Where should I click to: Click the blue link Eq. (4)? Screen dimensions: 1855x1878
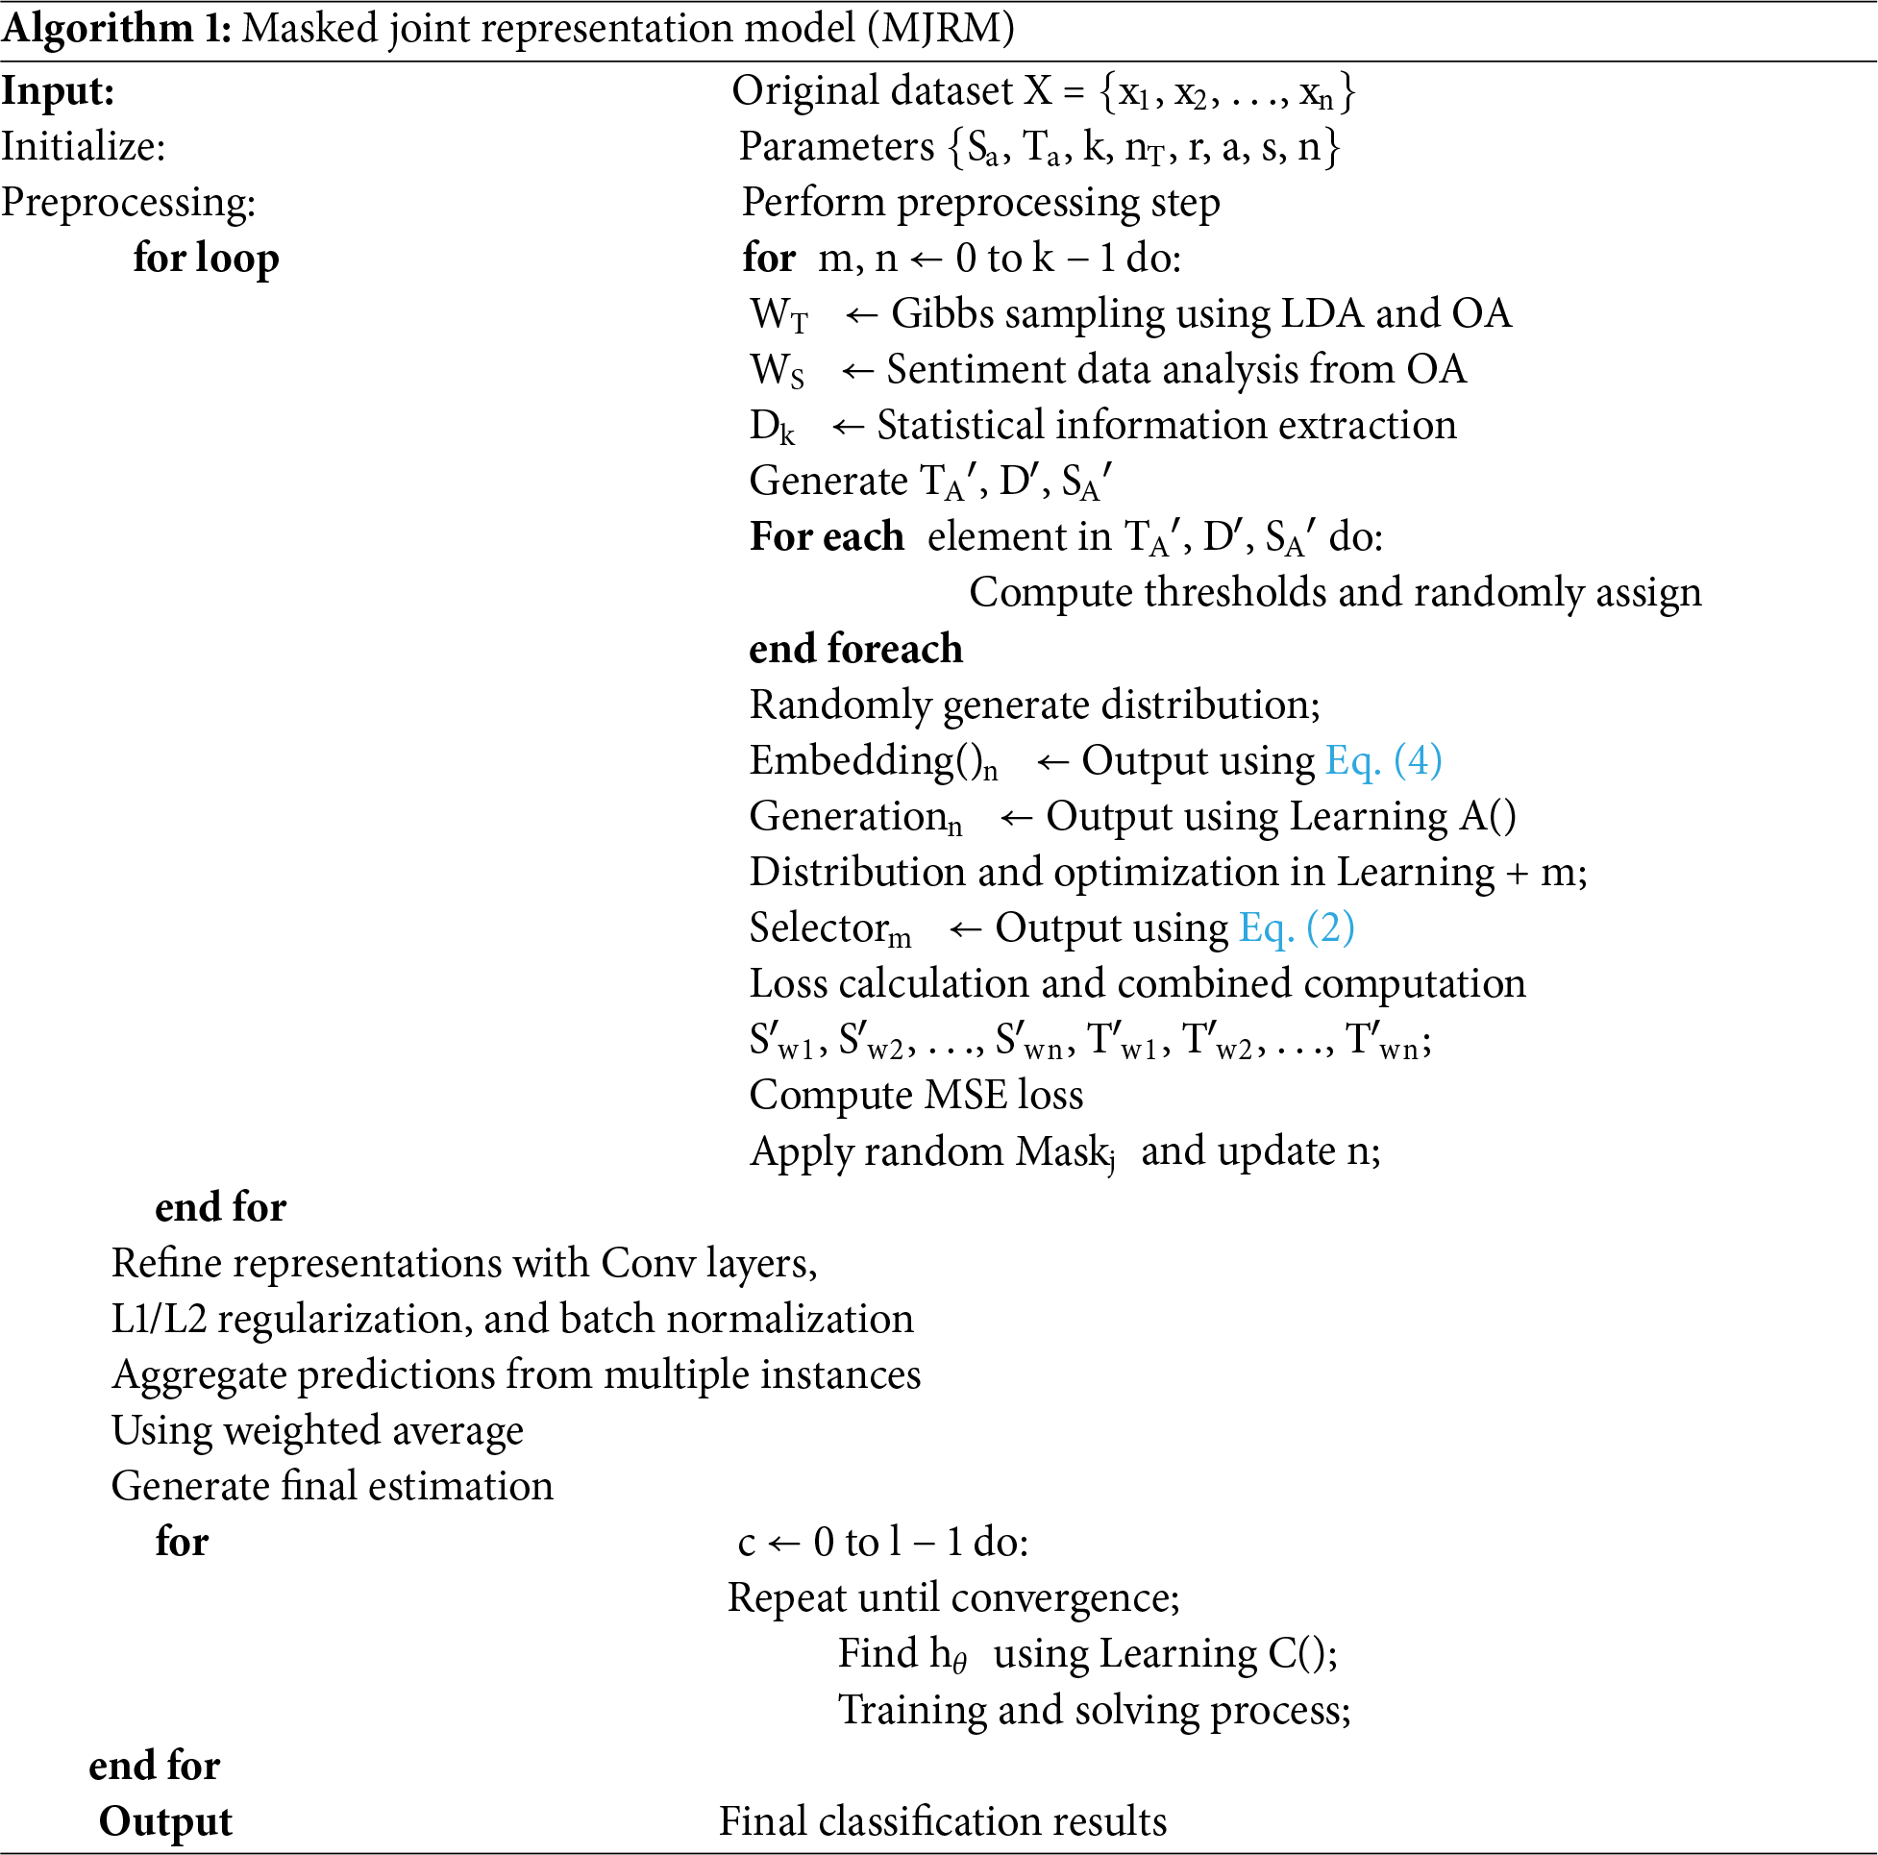click(x=1383, y=760)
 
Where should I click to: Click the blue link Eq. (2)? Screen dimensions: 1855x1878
click(x=1296, y=927)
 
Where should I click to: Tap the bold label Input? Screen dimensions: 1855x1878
click(x=59, y=91)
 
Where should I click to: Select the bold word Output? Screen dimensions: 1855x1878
click(x=165, y=1821)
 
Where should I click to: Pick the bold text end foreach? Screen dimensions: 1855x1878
click(x=855, y=649)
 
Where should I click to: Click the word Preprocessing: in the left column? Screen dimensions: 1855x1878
click(x=129, y=202)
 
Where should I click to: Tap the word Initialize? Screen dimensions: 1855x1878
click(x=84, y=147)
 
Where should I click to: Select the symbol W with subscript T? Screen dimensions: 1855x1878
click(x=778, y=315)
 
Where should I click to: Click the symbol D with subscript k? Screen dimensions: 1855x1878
click(x=772, y=427)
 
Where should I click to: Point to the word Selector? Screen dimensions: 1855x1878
click(x=818, y=927)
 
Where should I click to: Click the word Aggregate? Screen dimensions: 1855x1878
click(x=199, y=1374)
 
